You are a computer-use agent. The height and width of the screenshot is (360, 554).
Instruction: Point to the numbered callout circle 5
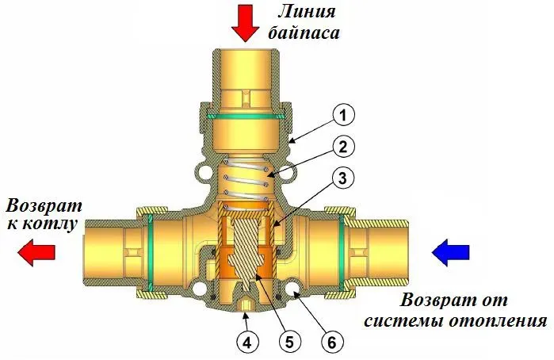(288, 343)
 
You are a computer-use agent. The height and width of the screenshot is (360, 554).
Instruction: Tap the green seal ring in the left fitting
(150, 251)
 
